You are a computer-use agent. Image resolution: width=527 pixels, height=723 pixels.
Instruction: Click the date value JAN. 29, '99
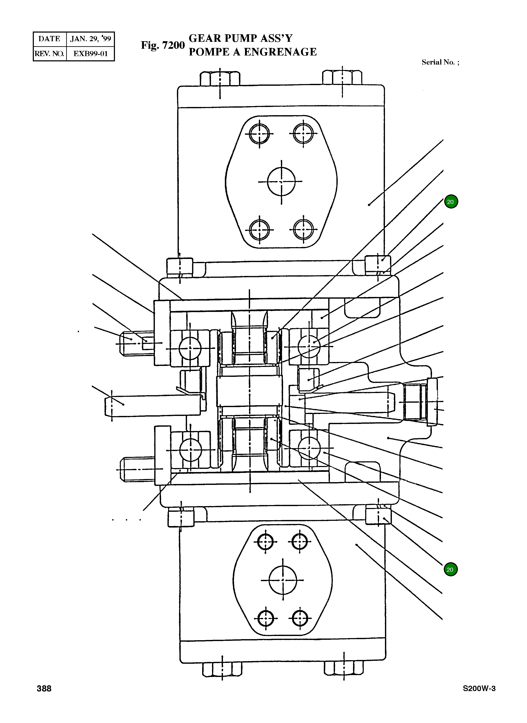[x=91, y=39]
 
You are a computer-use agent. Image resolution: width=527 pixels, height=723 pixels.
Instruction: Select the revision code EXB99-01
[x=91, y=54]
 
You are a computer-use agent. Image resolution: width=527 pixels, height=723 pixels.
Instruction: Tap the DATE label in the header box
[x=49, y=39]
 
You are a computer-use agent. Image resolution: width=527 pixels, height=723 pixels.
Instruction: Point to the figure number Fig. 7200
[x=163, y=45]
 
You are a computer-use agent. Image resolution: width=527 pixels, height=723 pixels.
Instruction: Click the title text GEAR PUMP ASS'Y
[x=241, y=38]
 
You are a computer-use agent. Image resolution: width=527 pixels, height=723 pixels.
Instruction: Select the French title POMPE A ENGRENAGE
[x=253, y=52]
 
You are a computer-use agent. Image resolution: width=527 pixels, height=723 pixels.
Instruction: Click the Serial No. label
[x=440, y=62]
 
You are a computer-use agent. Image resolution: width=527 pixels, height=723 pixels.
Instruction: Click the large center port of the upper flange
[x=281, y=182]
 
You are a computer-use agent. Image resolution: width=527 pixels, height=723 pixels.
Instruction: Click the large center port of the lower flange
[x=283, y=580]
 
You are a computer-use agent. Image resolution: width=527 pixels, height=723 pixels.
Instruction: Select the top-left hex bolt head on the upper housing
[x=220, y=78]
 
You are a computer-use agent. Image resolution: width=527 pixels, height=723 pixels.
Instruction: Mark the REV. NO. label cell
[x=49, y=54]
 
